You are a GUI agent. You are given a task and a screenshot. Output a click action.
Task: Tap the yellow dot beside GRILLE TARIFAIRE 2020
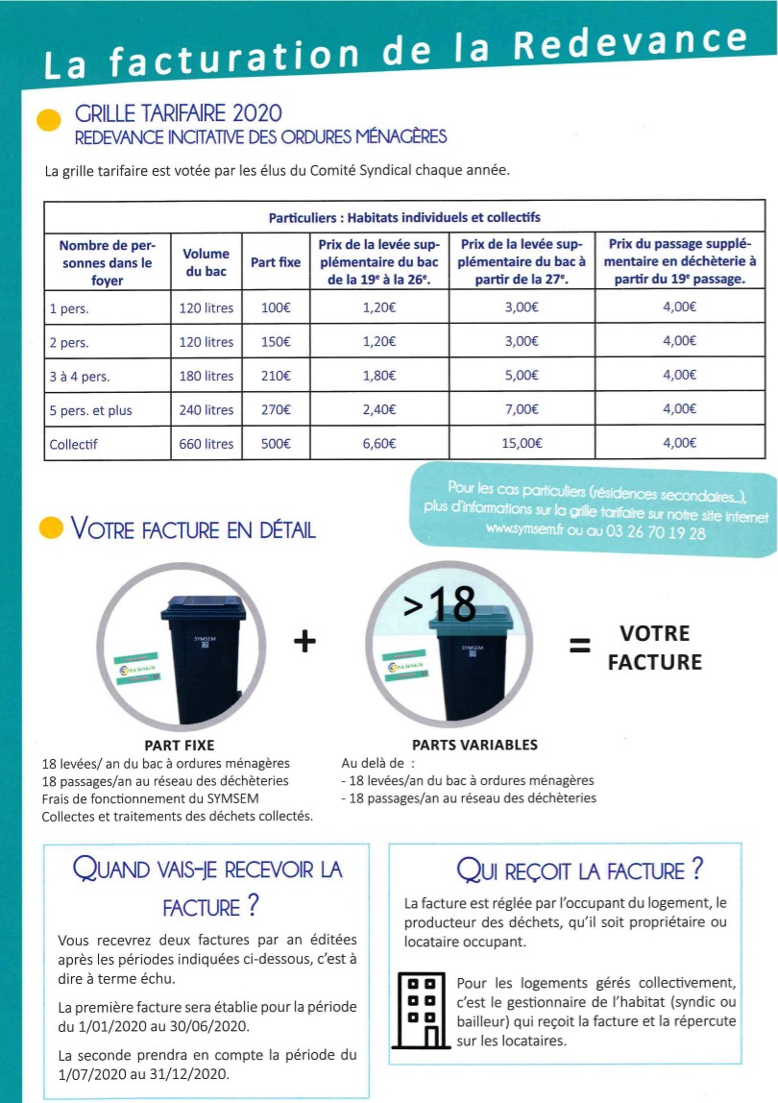tap(46, 121)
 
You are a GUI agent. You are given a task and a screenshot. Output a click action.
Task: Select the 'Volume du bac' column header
tap(206, 262)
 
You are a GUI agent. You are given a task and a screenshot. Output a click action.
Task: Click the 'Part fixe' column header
tap(276, 262)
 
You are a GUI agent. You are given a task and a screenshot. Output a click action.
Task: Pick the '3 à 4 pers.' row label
tap(79, 377)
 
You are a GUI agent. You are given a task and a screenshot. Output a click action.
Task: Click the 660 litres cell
tap(206, 444)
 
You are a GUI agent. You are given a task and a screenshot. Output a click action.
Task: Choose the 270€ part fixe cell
tap(276, 410)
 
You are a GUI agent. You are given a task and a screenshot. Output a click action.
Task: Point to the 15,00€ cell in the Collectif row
tap(523, 444)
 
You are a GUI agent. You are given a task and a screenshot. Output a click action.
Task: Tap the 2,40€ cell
tap(379, 410)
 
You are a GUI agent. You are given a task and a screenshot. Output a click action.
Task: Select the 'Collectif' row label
tap(74, 444)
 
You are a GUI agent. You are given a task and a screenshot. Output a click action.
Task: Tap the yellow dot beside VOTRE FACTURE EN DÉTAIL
tap(50, 528)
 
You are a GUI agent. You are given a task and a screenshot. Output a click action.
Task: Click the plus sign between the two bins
tap(304, 641)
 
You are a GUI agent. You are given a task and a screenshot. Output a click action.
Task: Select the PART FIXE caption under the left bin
tap(179, 745)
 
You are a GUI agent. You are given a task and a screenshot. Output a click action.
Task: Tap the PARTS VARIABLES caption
tap(474, 745)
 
